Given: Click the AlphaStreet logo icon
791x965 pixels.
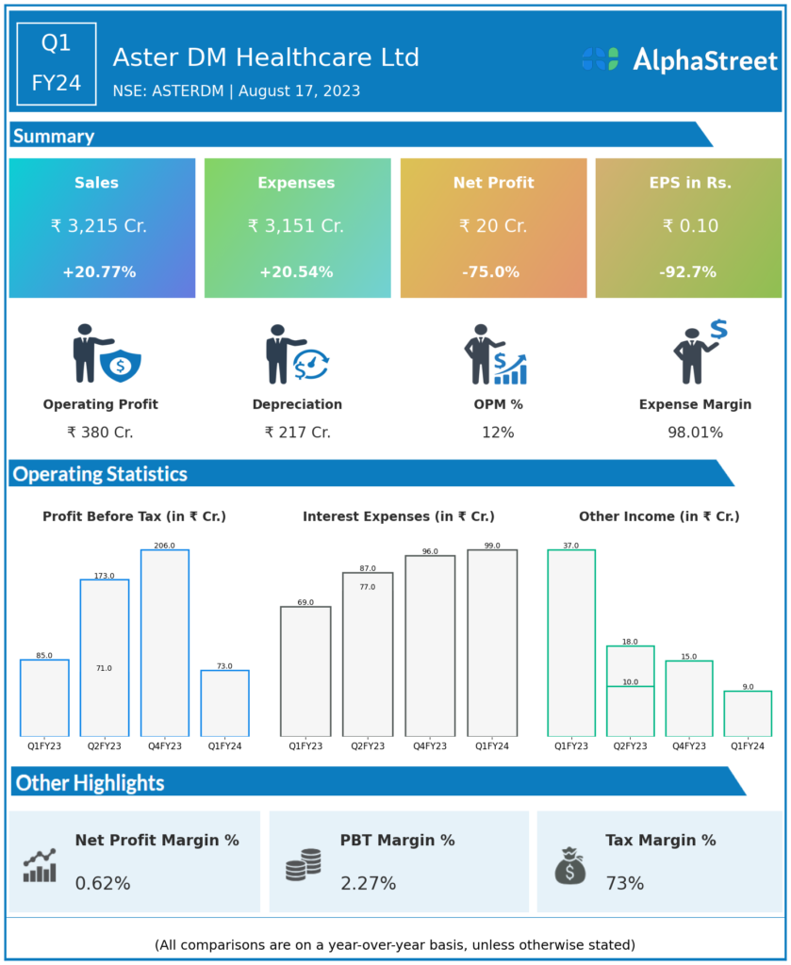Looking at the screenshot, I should (x=600, y=59).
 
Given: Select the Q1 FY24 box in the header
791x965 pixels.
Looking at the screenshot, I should (x=57, y=63).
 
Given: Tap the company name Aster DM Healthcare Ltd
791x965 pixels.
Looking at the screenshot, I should (x=266, y=57).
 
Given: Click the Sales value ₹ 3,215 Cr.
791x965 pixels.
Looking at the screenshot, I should (x=99, y=226).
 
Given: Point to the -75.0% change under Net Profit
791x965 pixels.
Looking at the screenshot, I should (x=490, y=272).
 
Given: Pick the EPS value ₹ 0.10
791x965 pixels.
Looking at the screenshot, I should (x=690, y=226).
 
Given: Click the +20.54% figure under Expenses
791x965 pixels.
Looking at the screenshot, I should (x=296, y=272).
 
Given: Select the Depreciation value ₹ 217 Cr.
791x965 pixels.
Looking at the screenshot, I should (x=297, y=433).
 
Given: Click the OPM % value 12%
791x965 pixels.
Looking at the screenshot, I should (x=497, y=433).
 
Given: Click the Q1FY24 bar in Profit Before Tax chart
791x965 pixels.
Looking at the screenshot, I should (x=224, y=703).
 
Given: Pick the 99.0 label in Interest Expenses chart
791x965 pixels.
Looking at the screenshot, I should (x=492, y=546).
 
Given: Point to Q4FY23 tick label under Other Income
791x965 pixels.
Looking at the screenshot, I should (x=688, y=745).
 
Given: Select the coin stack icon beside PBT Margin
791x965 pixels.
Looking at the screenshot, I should (x=304, y=864).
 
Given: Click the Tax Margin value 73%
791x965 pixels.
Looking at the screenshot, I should (x=625, y=884).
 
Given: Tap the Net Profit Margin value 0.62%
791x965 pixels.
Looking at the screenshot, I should (x=103, y=884).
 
